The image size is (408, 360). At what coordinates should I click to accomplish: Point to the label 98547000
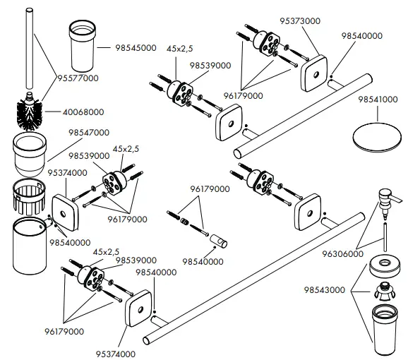tap(89, 132)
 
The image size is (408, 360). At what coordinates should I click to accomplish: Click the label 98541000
tap(378, 102)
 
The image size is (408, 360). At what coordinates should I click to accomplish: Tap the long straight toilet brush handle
tap(30, 49)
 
